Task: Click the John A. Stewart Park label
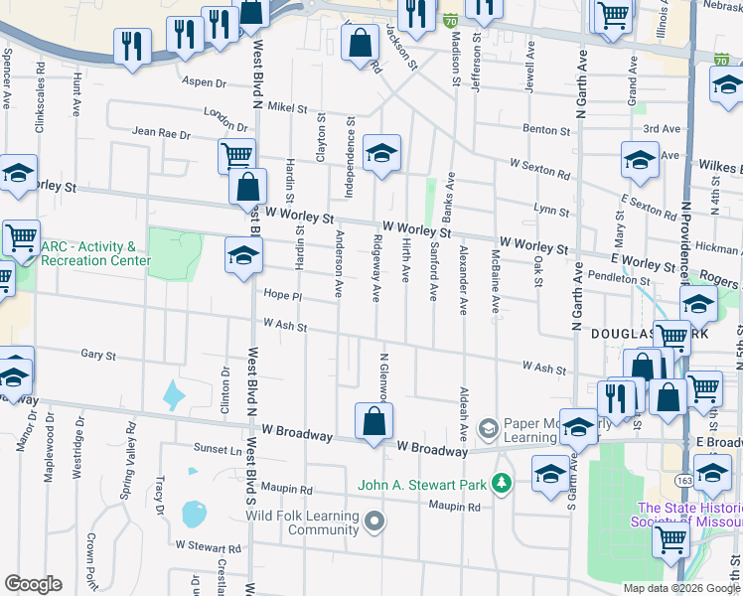[426, 484]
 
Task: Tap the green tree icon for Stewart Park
[504, 483]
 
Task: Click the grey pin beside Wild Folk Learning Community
[373, 521]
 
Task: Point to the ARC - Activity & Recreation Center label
[95, 253]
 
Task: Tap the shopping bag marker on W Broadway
[372, 421]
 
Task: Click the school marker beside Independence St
[380, 154]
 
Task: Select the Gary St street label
[98, 355]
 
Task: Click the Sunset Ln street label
[222, 449]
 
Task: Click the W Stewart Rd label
[208, 546]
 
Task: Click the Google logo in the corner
[32, 584]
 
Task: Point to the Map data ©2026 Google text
[681, 588]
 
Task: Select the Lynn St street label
[550, 210]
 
